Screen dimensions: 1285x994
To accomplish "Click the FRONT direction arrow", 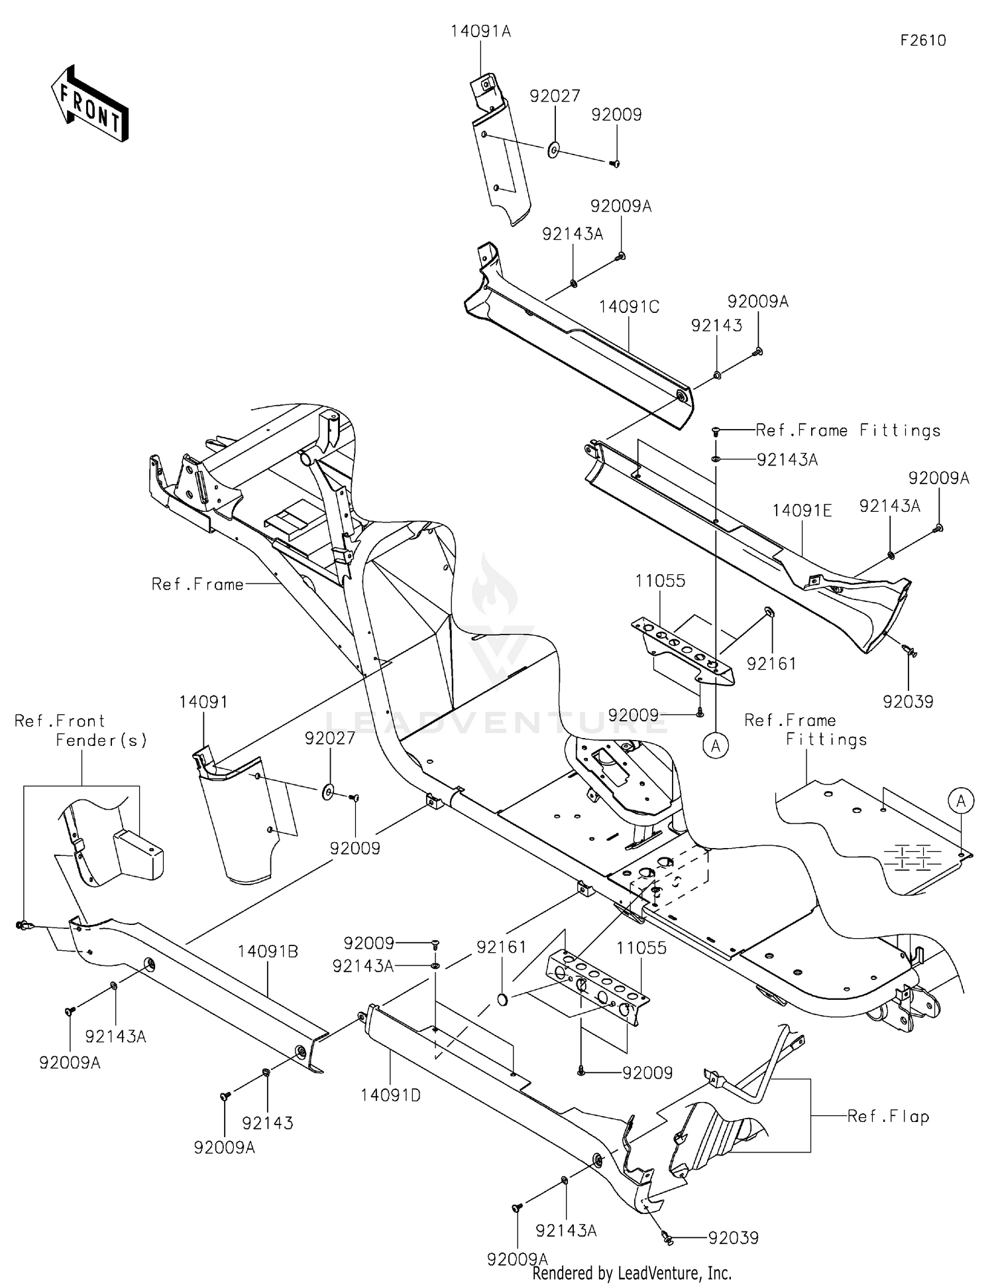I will click(89, 104).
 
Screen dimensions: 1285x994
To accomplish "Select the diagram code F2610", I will click(922, 41).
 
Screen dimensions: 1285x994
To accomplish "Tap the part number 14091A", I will click(481, 32).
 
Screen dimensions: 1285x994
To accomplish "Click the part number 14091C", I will click(629, 307).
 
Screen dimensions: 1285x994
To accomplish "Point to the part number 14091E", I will click(802, 511).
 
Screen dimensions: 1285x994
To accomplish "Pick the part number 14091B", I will click(268, 951).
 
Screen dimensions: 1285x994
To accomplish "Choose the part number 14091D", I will click(390, 1095).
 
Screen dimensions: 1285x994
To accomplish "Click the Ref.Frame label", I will click(197, 584).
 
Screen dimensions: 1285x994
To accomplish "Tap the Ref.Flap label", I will click(888, 1117).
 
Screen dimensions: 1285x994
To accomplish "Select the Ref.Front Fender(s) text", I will click(81, 730).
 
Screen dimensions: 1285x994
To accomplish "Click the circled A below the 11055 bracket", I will click(716, 746).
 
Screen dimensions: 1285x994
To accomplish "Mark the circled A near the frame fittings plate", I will click(961, 801).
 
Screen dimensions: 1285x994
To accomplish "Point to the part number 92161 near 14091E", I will click(771, 664).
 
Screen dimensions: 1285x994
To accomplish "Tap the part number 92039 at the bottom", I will click(733, 1238).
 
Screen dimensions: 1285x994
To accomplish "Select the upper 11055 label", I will click(660, 581).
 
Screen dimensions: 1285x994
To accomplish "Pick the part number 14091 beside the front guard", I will click(203, 702).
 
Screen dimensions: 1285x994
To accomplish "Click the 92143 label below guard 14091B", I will click(267, 1123).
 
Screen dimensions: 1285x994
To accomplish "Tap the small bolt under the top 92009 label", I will click(614, 163).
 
